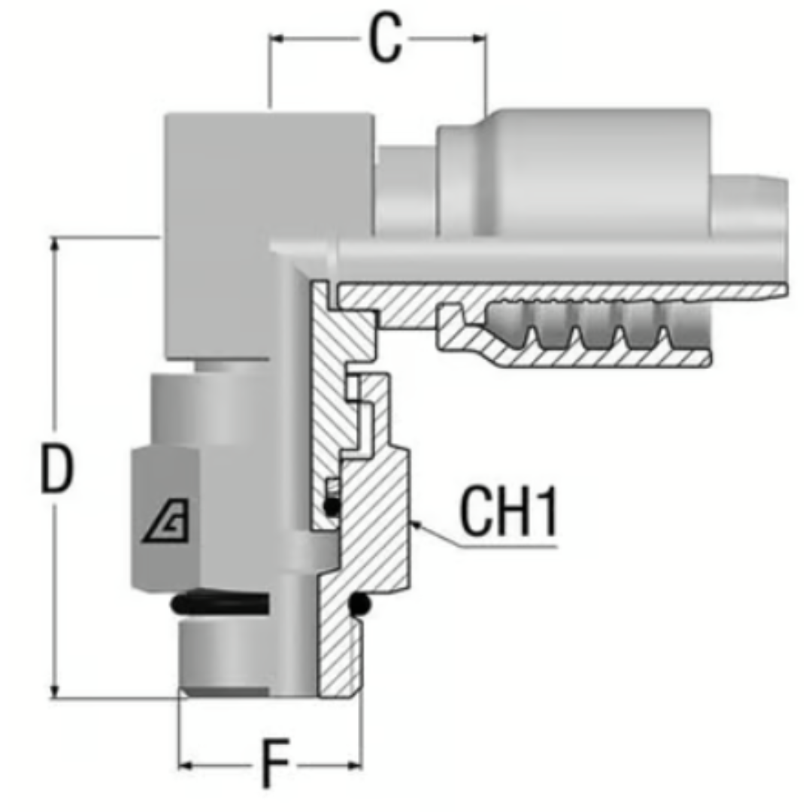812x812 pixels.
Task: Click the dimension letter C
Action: point(384,41)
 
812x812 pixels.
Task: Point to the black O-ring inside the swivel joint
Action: point(332,507)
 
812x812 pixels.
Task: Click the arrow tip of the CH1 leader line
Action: point(414,523)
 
